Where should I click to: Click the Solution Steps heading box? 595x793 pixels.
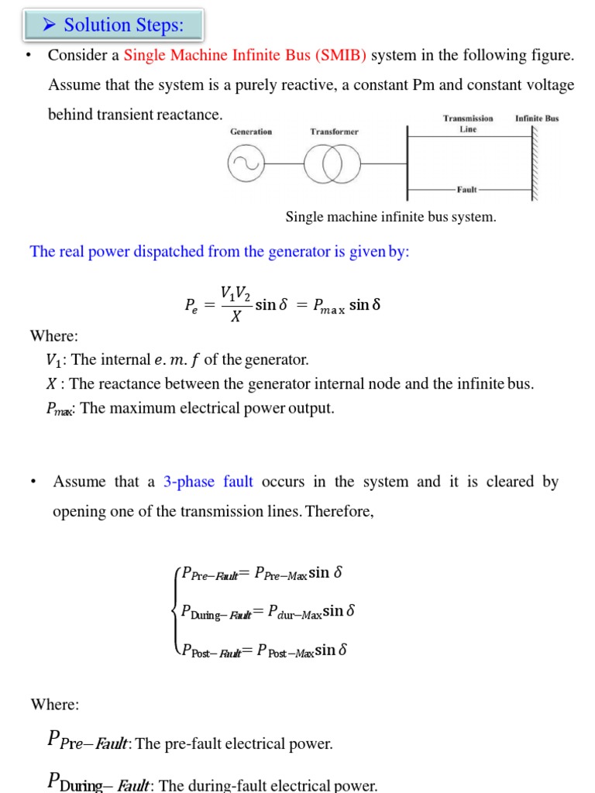pyautogui.click(x=113, y=26)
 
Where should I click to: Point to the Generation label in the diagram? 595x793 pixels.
pyautogui.click(x=251, y=132)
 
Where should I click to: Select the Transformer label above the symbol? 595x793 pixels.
pyautogui.click(x=334, y=132)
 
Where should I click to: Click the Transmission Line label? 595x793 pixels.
pyautogui.click(x=468, y=124)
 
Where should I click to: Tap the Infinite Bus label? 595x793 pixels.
pyautogui.click(x=537, y=118)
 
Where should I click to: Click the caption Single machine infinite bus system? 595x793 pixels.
pyautogui.click(x=390, y=217)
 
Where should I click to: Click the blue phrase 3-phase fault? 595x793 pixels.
pyautogui.click(x=208, y=482)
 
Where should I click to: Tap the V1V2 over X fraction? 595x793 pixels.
pyautogui.click(x=236, y=304)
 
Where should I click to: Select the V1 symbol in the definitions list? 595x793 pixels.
pyautogui.click(x=53, y=360)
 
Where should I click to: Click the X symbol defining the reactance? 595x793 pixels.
pyautogui.click(x=52, y=383)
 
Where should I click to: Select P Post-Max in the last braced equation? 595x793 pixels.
pyautogui.click(x=286, y=651)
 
